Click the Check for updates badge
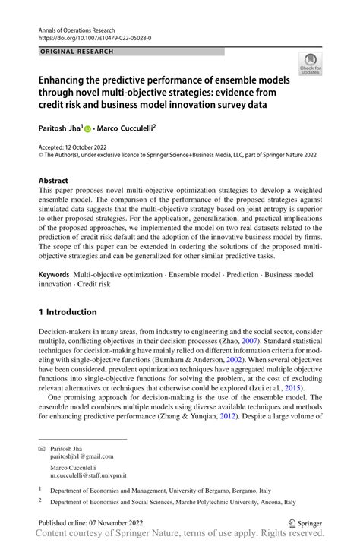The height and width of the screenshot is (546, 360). (310, 64)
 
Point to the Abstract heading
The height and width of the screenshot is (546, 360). (54, 181)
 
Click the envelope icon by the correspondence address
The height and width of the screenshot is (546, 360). (42, 449)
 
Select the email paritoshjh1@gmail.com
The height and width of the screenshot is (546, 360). (82, 457)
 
